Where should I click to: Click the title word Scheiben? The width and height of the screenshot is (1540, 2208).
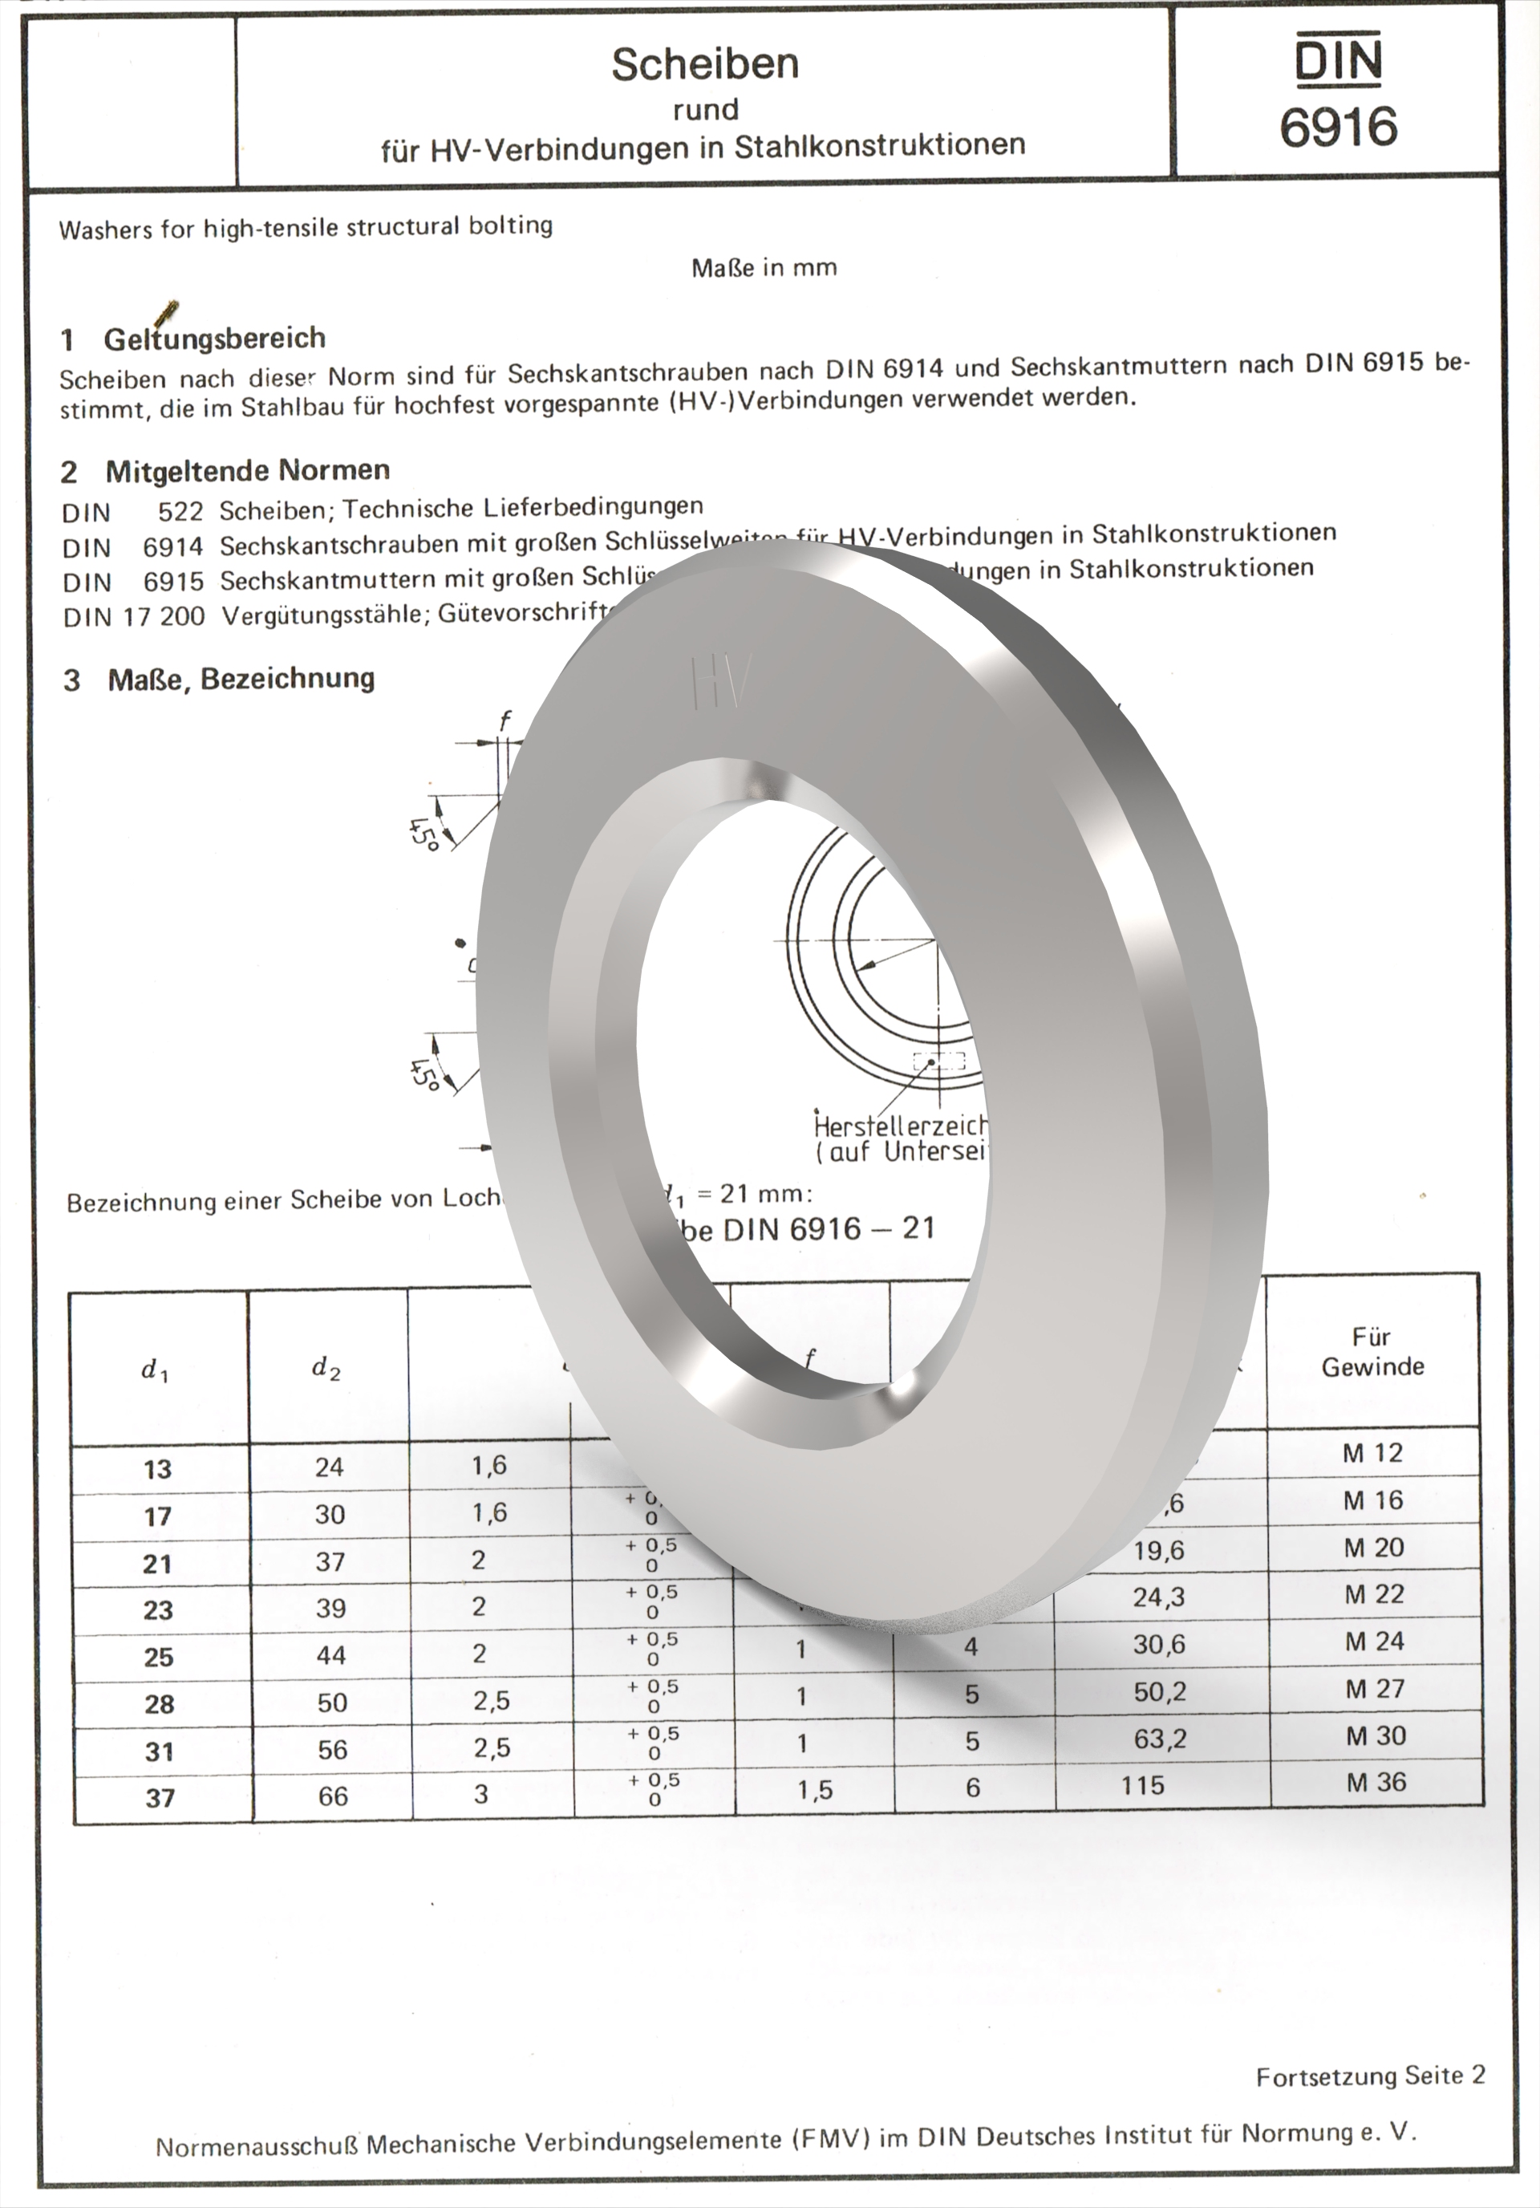(x=705, y=63)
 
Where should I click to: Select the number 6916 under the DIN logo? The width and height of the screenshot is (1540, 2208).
(x=1337, y=126)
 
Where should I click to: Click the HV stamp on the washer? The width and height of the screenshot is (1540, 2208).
(x=721, y=683)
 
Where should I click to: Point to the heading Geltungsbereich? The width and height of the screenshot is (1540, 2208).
(x=214, y=339)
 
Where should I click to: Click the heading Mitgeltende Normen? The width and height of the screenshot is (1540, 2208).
(x=247, y=470)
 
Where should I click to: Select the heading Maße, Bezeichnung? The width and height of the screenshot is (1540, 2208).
(x=241, y=679)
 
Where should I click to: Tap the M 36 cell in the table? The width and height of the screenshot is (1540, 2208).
(x=1375, y=1782)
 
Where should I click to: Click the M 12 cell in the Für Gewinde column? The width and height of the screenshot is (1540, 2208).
(x=1372, y=1453)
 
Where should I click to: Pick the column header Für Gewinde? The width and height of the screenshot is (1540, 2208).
(x=1372, y=1351)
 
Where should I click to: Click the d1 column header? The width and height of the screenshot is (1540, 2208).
(x=155, y=1370)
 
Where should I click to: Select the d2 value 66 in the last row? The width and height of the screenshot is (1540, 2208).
(x=333, y=1796)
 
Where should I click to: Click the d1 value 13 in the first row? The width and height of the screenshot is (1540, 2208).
(x=158, y=1469)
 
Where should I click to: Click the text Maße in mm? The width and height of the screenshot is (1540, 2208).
(x=764, y=267)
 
